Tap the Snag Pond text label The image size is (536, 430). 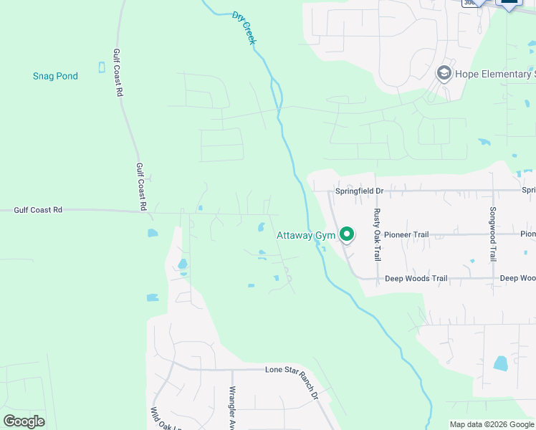(x=55, y=76)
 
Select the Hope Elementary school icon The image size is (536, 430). (x=444, y=74)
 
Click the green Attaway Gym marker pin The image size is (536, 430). (x=347, y=234)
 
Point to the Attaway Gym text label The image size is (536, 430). (x=306, y=236)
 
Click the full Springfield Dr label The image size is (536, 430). (x=360, y=191)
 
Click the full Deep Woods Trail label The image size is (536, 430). (x=416, y=278)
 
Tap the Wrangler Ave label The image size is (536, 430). (x=232, y=406)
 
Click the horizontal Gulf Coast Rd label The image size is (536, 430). (x=38, y=210)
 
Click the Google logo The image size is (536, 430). (x=24, y=421)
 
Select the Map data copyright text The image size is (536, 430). (x=492, y=424)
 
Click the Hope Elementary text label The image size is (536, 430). (x=495, y=74)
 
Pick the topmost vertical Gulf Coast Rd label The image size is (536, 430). (x=119, y=72)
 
